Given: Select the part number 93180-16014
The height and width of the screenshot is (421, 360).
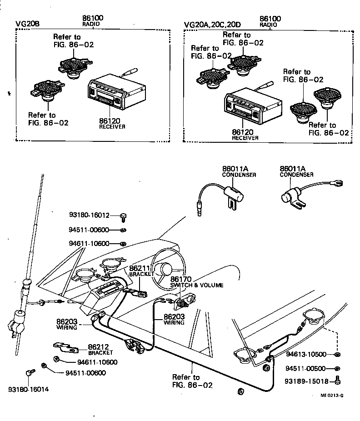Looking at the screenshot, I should coord(28,390).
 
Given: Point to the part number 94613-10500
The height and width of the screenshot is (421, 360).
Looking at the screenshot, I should coord(305,354).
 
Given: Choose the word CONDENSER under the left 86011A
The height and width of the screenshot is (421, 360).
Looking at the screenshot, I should coord(239,175).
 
